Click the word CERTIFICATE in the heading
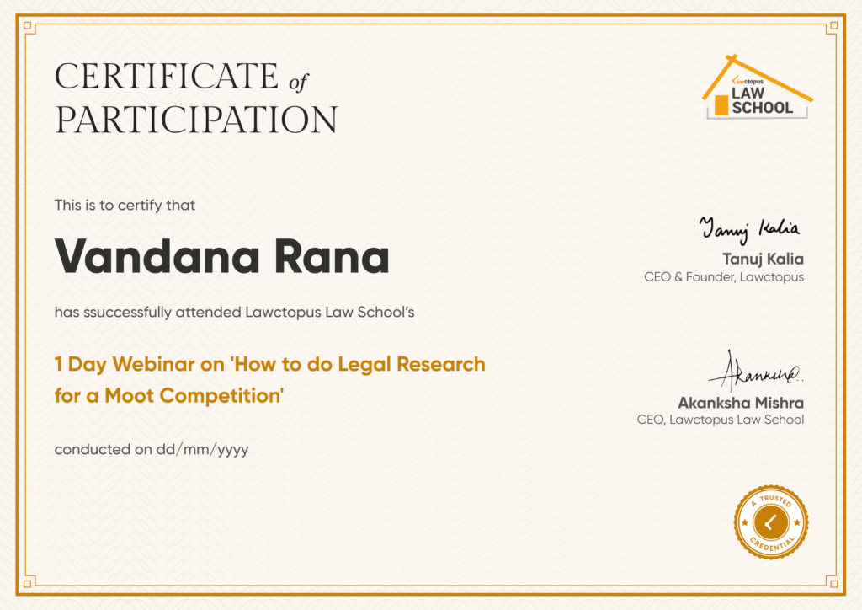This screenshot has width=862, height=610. [167, 76]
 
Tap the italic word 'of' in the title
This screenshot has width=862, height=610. [299, 83]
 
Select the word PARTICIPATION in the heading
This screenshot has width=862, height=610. [196, 120]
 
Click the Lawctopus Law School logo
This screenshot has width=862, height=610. [757, 87]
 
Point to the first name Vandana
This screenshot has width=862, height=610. [157, 256]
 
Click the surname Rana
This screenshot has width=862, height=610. [332, 256]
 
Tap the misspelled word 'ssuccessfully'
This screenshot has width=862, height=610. [127, 313]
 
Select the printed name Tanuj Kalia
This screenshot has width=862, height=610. [763, 259]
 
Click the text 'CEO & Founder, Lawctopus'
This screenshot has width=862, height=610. [723, 276]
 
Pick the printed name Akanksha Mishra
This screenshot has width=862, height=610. [741, 404]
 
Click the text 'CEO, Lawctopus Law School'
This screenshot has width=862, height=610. [721, 420]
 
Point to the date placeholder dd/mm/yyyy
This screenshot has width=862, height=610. [202, 450]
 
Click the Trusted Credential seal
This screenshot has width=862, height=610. [771, 522]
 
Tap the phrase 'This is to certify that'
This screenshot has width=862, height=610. [125, 206]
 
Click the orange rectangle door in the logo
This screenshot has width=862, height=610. [721, 105]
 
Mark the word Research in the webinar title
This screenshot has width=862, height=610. [441, 364]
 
